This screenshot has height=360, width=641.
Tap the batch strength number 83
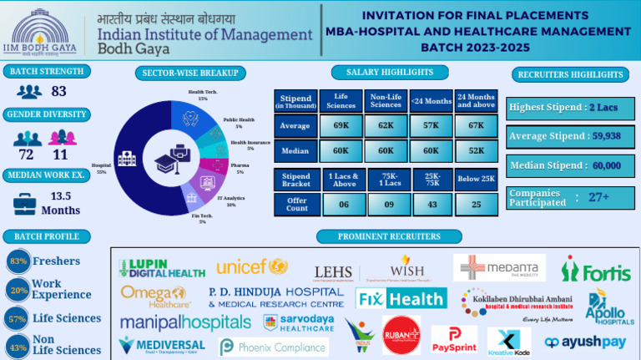point(58,91)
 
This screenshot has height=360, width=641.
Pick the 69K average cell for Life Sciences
point(341,125)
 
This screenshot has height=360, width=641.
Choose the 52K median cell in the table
point(476,151)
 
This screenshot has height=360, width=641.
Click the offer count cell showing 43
point(431,205)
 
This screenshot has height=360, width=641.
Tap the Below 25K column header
point(476,178)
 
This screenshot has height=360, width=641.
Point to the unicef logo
point(252,266)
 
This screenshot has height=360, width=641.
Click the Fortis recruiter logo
point(595,269)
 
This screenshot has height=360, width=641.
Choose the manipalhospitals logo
point(184,322)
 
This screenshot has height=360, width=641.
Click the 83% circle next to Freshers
point(16,261)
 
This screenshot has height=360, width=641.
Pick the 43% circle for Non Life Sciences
point(16,345)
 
